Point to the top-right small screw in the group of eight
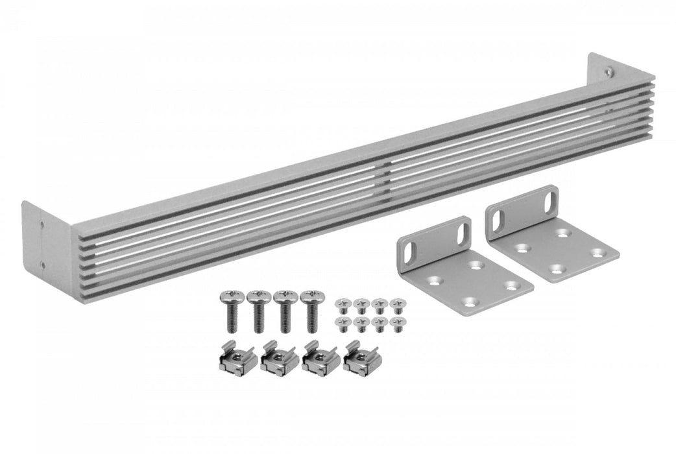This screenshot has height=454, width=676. pos(397,302)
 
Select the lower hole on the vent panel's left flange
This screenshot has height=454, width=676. pos(43,263)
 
